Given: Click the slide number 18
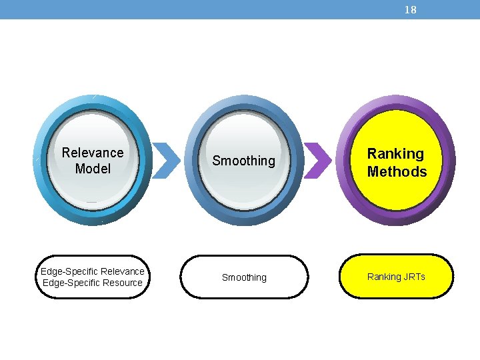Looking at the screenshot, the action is [411, 10].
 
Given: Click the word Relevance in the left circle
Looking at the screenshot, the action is [93, 153].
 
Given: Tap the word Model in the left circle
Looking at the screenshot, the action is [93, 169].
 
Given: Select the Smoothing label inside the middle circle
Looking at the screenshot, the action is [243, 161].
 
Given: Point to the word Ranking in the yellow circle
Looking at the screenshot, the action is [396, 154].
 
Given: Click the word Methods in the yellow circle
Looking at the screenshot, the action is [397, 171].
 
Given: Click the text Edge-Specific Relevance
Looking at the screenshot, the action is [93, 271].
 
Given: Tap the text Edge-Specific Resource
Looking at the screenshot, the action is [93, 283].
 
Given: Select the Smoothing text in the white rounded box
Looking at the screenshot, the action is [244, 277].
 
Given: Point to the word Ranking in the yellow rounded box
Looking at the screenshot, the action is [383, 277].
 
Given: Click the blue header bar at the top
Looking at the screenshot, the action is [200, 9].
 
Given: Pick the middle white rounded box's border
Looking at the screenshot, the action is [244, 256].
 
